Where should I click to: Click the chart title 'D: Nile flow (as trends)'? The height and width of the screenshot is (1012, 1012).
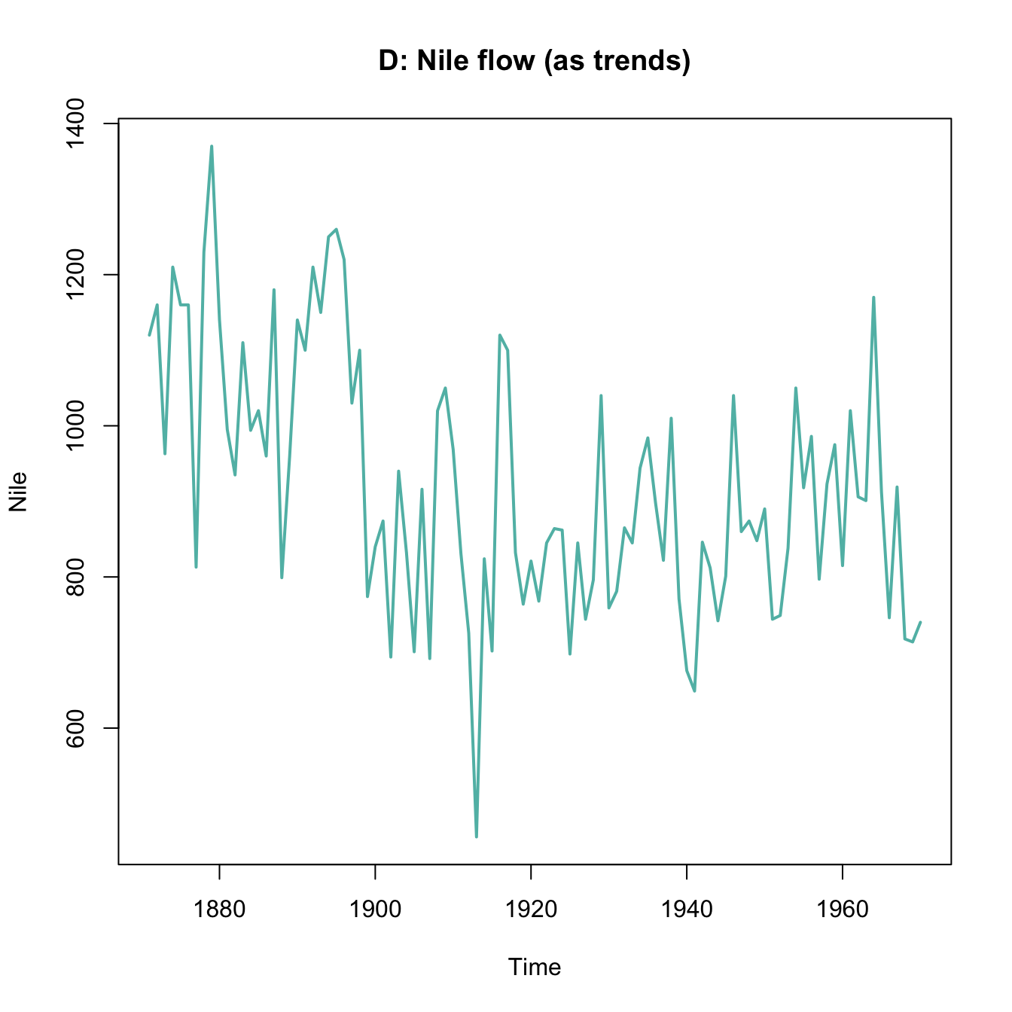pos(534,61)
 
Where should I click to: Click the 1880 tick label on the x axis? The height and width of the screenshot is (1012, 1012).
pos(219,910)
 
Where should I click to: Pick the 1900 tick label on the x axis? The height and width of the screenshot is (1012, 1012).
pos(375,910)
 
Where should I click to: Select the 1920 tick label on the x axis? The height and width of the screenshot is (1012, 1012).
pos(531,910)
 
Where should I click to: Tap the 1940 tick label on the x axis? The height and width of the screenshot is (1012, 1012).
pos(687,910)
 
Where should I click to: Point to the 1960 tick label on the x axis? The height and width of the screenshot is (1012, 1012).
pos(842,910)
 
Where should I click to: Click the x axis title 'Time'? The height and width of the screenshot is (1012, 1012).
pos(534,967)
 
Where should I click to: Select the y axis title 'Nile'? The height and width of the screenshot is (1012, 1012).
pos(18,492)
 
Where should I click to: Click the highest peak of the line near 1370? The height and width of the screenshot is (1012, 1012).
pos(212,147)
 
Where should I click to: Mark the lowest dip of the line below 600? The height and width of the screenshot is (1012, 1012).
pos(477,836)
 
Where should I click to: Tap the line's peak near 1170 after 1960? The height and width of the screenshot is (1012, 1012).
pos(873,298)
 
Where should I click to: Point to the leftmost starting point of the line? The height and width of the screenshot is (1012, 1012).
pos(149,335)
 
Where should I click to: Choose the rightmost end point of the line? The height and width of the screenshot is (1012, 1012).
pos(920,622)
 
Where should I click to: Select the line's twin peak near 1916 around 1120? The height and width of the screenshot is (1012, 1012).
pos(500,336)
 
